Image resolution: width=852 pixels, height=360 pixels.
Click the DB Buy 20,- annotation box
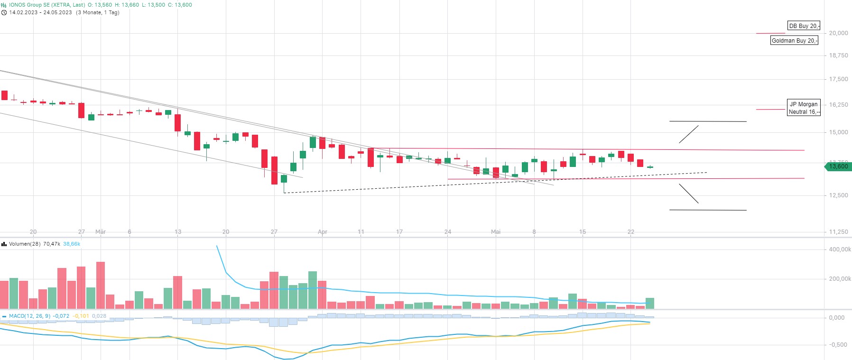point(803,26)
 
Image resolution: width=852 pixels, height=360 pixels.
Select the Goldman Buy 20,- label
point(794,41)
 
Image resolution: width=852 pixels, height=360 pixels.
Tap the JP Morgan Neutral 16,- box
point(803,108)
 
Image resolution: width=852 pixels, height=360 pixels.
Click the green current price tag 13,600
point(838,166)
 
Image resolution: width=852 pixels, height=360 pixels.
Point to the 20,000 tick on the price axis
point(838,33)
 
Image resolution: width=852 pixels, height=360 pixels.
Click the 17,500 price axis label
point(838,79)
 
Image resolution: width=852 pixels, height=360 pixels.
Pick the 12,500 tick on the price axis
point(838,195)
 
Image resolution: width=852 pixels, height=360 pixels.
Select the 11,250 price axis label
point(838,232)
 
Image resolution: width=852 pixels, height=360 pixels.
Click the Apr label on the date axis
point(323,232)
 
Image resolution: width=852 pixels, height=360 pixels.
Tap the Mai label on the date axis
point(496,232)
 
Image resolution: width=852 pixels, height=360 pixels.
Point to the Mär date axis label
point(101,232)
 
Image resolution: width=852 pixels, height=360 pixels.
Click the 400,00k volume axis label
point(840,249)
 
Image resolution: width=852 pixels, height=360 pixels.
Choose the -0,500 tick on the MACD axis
point(838,345)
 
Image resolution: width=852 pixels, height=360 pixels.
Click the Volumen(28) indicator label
point(25,244)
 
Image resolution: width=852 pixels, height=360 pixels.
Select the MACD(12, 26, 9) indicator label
point(29,316)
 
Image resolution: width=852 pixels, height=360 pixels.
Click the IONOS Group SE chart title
point(46,5)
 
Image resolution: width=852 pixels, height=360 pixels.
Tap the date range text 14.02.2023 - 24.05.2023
point(40,12)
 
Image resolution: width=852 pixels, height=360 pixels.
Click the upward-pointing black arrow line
point(689,134)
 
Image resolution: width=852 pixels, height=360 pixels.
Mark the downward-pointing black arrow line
point(689,194)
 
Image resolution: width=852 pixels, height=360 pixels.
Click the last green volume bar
point(650,304)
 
